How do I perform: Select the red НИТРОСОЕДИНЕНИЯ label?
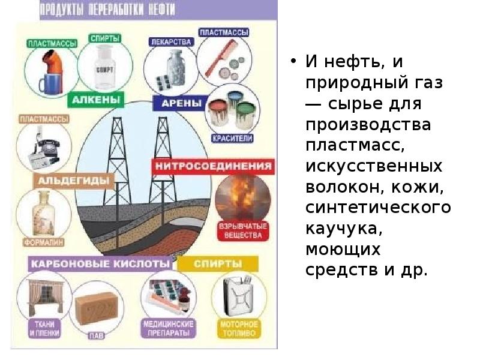214,166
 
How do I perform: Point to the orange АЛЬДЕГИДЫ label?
74,180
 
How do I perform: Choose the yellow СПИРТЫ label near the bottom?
218,263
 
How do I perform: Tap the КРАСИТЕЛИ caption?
232,138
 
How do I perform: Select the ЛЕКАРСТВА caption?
171,42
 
